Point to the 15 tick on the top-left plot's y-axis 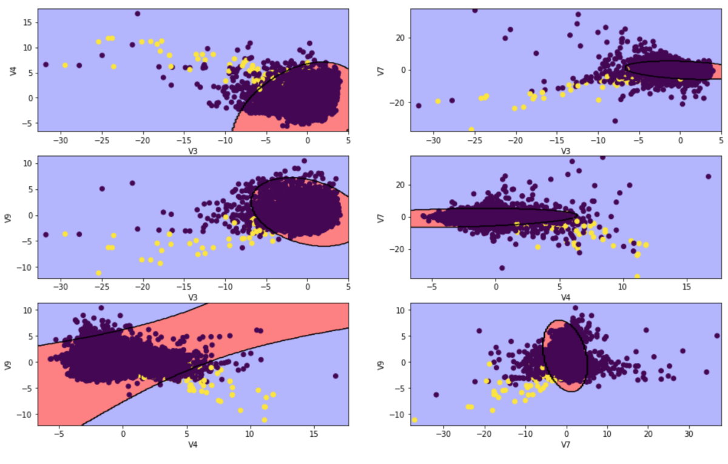[x=28, y=22]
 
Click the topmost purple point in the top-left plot [x=138, y=13]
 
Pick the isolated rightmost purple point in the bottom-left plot [x=335, y=375]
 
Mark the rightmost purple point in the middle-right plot [x=708, y=177]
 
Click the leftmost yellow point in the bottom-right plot [x=415, y=420]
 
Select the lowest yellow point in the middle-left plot [x=98, y=273]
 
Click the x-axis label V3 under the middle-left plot [x=192, y=297]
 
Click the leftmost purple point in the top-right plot [x=419, y=106]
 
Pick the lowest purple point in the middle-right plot [x=502, y=267]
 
